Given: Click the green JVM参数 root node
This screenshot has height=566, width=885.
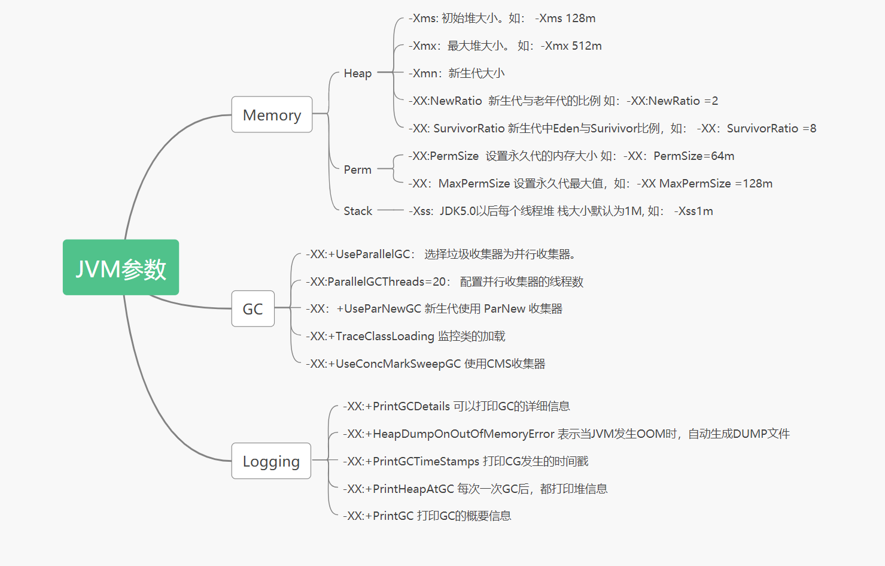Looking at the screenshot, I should click(x=121, y=268).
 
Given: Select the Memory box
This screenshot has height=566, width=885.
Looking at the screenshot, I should click(x=272, y=114).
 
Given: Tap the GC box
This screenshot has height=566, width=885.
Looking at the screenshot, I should click(x=253, y=308).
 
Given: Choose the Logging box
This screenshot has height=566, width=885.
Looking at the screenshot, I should click(x=271, y=461).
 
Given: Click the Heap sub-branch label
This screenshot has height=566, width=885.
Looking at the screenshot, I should click(x=358, y=73).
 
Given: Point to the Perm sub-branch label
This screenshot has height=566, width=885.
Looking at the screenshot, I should click(x=358, y=170).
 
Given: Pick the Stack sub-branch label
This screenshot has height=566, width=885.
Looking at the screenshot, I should click(x=358, y=211).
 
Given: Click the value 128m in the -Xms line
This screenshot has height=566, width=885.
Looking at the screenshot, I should click(x=580, y=18).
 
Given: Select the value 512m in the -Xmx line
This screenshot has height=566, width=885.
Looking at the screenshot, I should click(x=587, y=46).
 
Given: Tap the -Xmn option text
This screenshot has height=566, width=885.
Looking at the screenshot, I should click(x=425, y=73).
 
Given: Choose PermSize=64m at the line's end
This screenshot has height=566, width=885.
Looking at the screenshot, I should click(x=694, y=156).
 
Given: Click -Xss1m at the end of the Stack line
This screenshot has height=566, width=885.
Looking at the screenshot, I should click(x=694, y=211).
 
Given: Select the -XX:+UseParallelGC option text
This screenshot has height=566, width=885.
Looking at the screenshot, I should click(x=358, y=254).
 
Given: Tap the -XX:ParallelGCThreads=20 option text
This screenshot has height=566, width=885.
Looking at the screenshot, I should click(x=376, y=282).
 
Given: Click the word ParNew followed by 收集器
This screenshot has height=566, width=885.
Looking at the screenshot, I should click(x=504, y=308).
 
